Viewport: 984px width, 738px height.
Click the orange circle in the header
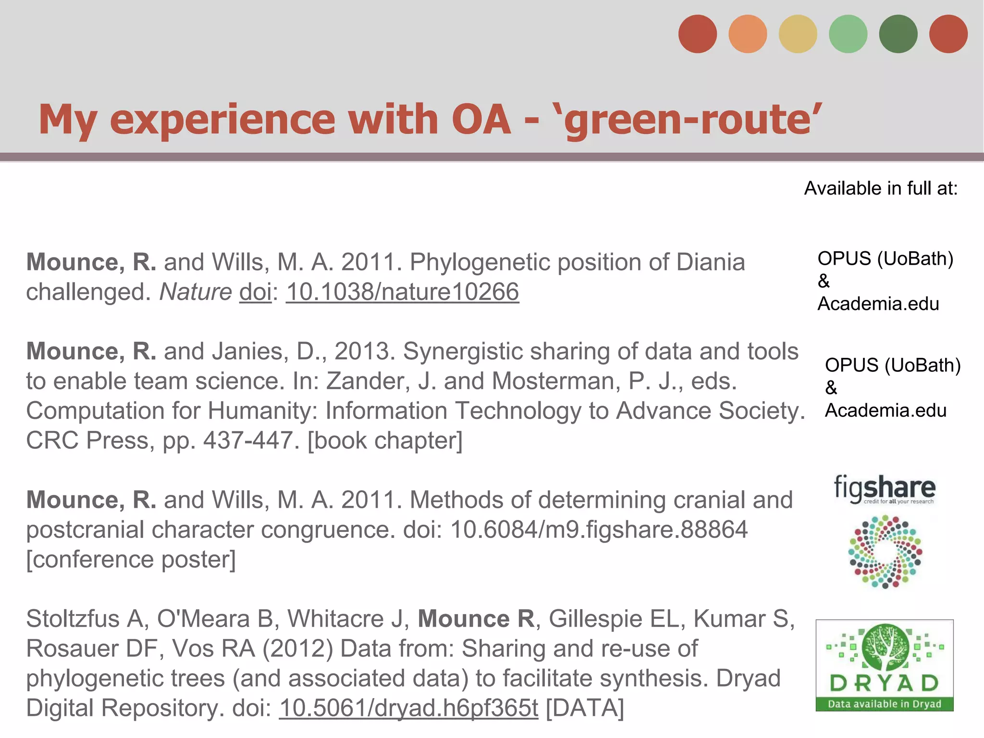pyautogui.click(x=748, y=34)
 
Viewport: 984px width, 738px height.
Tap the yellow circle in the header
pyautogui.click(x=798, y=34)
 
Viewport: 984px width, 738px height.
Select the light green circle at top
pyautogui.click(x=848, y=34)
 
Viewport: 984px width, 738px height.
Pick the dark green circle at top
pyautogui.click(x=898, y=34)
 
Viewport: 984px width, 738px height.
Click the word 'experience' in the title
pyautogui.click(x=222, y=120)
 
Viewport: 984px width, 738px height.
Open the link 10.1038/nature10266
pyautogui.click(x=403, y=292)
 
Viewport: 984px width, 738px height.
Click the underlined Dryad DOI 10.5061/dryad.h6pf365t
pyautogui.click(x=408, y=708)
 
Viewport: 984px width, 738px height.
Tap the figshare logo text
pyautogui.click(x=885, y=489)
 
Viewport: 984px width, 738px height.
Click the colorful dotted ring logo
pyautogui.click(x=885, y=552)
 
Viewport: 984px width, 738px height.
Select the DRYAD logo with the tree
pyautogui.click(x=885, y=665)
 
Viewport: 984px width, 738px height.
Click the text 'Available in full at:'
pyautogui.click(x=881, y=188)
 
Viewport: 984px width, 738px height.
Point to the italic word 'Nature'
pyautogui.click(x=196, y=292)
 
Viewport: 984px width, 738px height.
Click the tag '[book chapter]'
pyautogui.click(x=385, y=440)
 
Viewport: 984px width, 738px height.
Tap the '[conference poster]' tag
pyautogui.click(x=131, y=559)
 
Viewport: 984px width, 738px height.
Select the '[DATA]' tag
pyautogui.click(x=585, y=708)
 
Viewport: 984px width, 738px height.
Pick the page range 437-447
pyautogui.click(x=248, y=440)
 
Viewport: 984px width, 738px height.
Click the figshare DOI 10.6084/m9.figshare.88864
pyautogui.click(x=599, y=529)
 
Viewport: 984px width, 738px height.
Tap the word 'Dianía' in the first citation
pyautogui.click(x=711, y=262)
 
